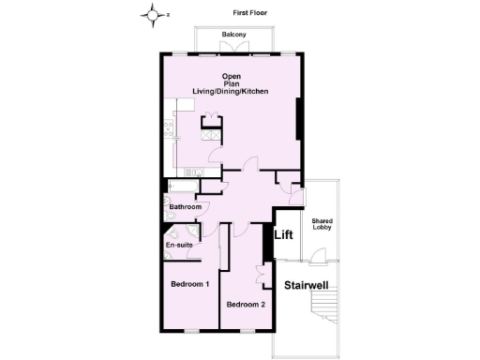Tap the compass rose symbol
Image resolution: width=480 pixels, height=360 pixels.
click(x=153, y=14)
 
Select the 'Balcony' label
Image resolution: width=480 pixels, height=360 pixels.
click(x=234, y=36)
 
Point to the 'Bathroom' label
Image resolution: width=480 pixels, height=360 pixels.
click(x=186, y=206)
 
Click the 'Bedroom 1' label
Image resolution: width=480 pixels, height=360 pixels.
click(x=189, y=283)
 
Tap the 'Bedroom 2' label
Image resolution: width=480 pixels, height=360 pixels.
click(x=246, y=304)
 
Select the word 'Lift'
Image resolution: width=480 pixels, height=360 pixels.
click(x=285, y=237)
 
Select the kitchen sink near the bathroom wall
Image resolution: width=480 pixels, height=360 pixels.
click(x=192, y=172)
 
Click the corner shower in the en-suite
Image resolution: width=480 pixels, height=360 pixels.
click(x=190, y=233)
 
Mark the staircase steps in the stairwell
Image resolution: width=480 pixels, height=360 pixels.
click(x=326, y=309)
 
